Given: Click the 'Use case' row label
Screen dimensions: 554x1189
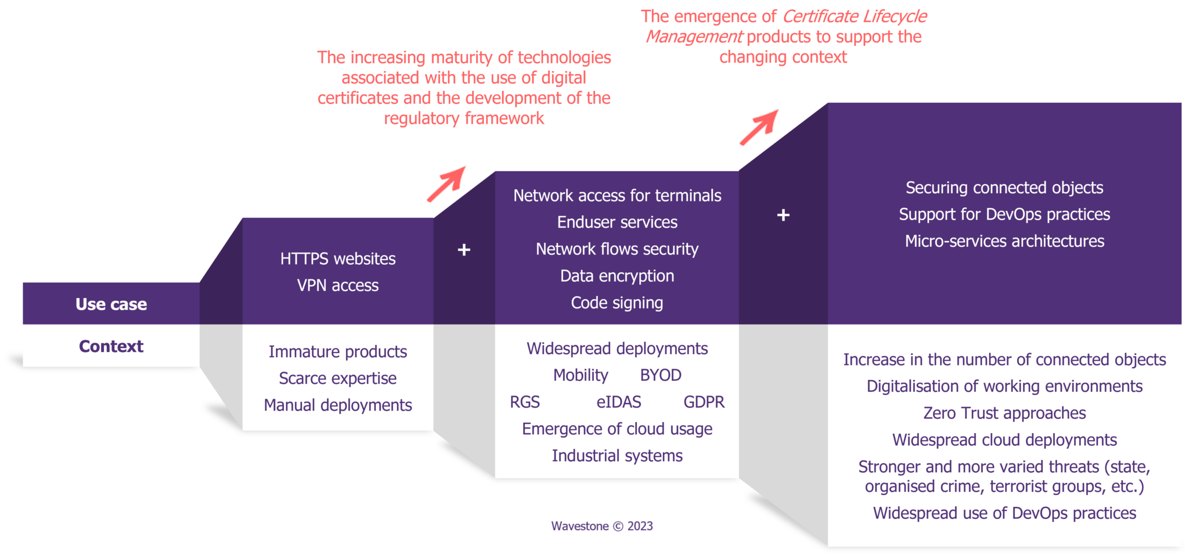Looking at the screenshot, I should pyautogui.click(x=111, y=304).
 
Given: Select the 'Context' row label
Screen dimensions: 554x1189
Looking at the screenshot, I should pyautogui.click(x=111, y=346).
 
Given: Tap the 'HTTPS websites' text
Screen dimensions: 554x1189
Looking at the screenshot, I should pyautogui.click(x=338, y=259).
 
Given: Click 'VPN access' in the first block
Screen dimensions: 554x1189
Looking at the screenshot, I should pyautogui.click(x=338, y=286).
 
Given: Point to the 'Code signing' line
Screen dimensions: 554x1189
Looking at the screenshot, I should pyautogui.click(x=617, y=303).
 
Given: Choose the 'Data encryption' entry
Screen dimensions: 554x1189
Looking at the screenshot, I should pyautogui.click(x=617, y=276).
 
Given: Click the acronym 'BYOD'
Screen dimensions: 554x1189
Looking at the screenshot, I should pyautogui.click(x=660, y=375).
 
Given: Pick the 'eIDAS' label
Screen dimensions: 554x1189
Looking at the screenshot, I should pyautogui.click(x=618, y=402).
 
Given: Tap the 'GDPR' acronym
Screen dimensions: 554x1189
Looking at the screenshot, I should pyautogui.click(x=704, y=402).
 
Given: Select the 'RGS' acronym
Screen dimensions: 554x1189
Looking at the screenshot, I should pyautogui.click(x=525, y=402).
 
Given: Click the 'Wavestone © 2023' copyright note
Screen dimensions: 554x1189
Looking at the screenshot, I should pyautogui.click(x=602, y=526).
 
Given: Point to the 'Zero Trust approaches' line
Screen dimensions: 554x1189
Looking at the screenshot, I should pyautogui.click(x=1004, y=413).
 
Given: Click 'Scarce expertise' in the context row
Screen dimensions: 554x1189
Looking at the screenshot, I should pyautogui.click(x=338, y=379).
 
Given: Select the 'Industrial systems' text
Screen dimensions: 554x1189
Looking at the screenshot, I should pyautogui.click(x=617, y=456).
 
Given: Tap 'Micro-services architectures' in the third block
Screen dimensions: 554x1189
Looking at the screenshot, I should pyautogui.click(x=1004, y=241).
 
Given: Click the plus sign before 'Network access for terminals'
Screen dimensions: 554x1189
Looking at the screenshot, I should pyautogui.click(x=464, y=250).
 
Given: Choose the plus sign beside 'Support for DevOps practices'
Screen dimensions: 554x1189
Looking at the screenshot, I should pyautogui.click(x=783, y=215).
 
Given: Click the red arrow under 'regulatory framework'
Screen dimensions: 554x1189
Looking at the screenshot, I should pyautogui.click(x=446, y=184).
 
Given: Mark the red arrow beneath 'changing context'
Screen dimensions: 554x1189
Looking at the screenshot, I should pyautogui.click(x=758, y=127).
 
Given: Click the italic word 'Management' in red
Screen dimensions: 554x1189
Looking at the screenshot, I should pyautogui.click(x=694, y=37).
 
